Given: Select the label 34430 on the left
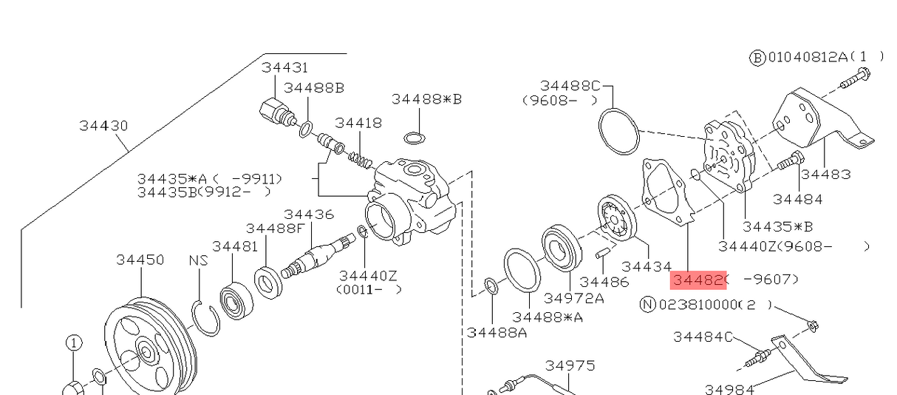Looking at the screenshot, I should click(103, 126).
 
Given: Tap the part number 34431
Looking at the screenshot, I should click(284, 68).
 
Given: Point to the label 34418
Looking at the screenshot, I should click(358, 123).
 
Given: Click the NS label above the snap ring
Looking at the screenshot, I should click(198, 260).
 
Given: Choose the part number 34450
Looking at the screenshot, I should click(140, 260).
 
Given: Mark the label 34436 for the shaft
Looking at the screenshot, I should click(309, 215).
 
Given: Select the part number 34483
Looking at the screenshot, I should click(825, 175).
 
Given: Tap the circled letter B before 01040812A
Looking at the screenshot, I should click(757, 58).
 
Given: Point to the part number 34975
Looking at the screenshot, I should click(570, 365).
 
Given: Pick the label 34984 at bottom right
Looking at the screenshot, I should click(729, 388).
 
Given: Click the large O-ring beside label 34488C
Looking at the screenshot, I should click(618, 132).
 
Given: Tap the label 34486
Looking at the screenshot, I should click(604, 282).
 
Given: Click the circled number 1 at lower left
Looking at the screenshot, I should click(74, 342).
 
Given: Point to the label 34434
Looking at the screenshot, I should click(647, 266).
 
